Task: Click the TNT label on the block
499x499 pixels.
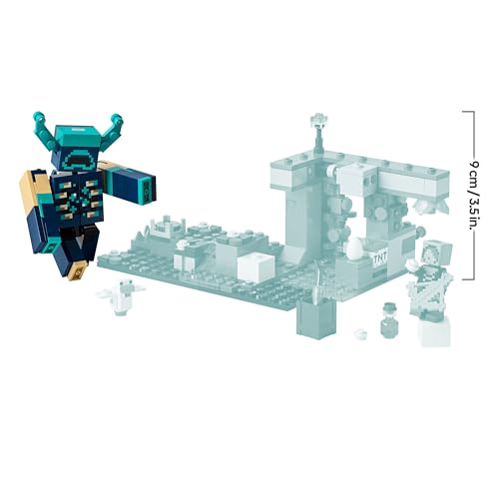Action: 379,257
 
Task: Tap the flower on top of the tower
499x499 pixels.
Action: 318,124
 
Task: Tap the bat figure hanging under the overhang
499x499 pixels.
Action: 428,206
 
